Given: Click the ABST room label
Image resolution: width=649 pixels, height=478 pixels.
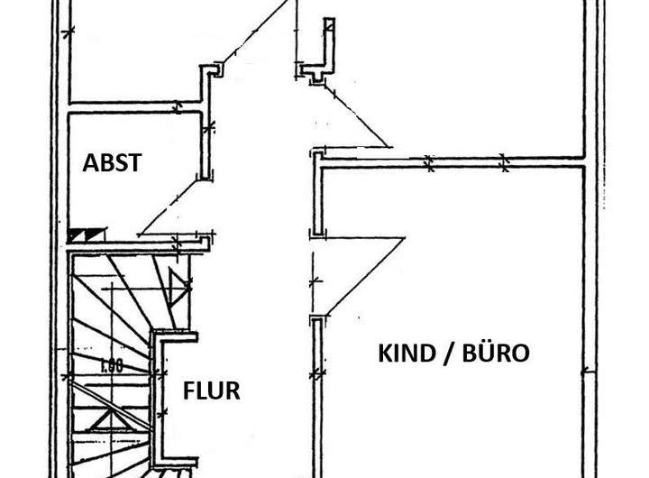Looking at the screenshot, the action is click(x=112, y=163).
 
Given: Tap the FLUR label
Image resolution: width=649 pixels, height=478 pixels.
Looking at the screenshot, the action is click(x=212, y=391).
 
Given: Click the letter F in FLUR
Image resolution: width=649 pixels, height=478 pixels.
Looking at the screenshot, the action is click(x=188, y=391).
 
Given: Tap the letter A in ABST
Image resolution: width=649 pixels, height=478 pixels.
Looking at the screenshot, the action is click(x=89, y=163).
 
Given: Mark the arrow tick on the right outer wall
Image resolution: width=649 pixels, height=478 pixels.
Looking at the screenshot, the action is click(x=588, y=371).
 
